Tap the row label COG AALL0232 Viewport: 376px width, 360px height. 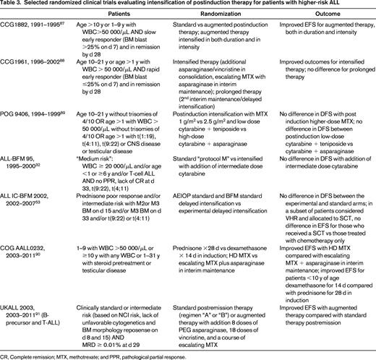click(25, 249)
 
